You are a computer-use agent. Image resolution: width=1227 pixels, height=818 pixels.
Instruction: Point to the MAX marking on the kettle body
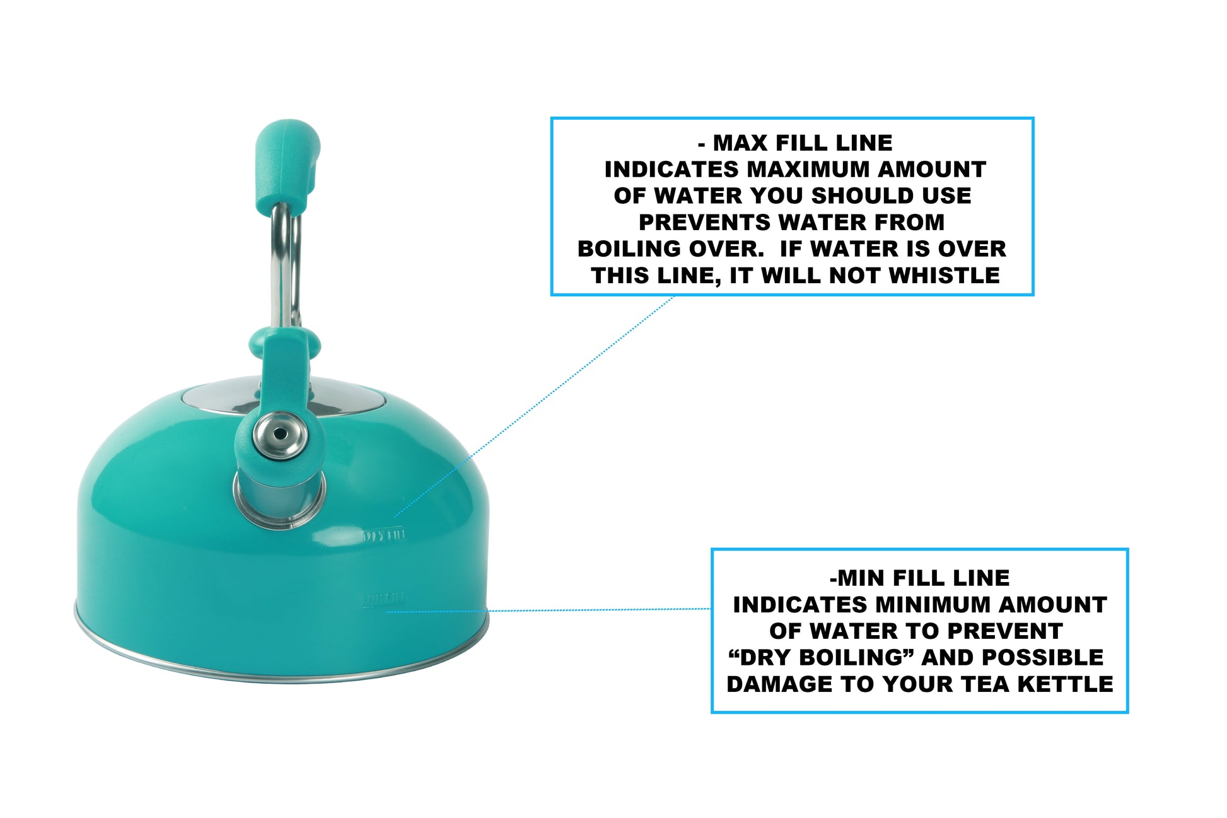click(383, 536)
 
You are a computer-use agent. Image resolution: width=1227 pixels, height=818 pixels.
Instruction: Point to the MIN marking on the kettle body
click(383, 598)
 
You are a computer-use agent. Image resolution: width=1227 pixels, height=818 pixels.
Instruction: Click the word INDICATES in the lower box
click(800, 605)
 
